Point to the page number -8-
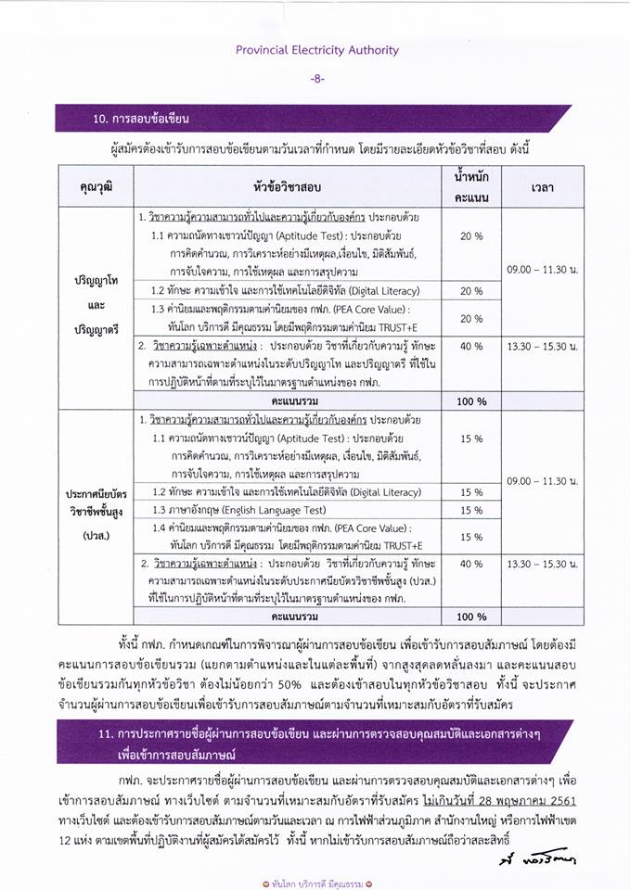[316, 79]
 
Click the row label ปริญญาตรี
[96, 328]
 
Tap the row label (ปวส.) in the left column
[96, 536]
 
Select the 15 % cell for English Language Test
[471, 510]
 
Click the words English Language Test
[278, 510]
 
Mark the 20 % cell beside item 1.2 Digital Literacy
[471, 290]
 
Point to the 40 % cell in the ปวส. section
[471, 563]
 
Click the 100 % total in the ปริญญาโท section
[471, 400]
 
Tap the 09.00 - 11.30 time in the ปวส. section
[543, 480]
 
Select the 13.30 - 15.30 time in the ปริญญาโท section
[543, 345]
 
